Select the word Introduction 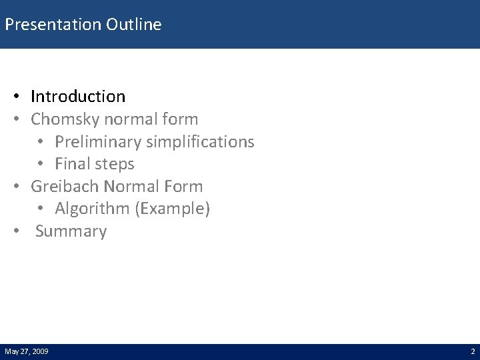[x=78, y=97]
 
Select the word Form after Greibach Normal [x=182, y=187]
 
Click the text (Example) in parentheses [x=173, y=209]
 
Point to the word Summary [x=71, y=232]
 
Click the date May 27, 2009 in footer [x=26, y=351]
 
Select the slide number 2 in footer [x=472, y=351]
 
